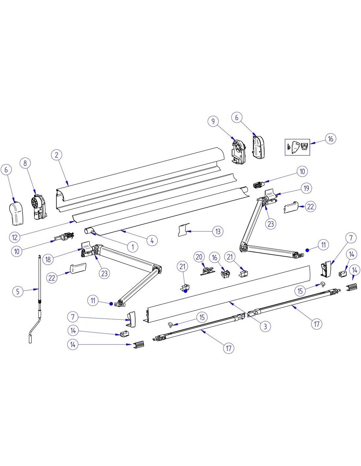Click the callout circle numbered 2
coord(57,155)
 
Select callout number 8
coord(25,163)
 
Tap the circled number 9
coord(213,122)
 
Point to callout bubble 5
coord(18,291)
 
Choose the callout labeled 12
coord(15,237)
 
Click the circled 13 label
coord(218,231)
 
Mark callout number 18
coord(48,260)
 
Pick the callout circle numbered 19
coord(306,188)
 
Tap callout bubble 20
coord(199,257)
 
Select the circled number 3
coord(265,326)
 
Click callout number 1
coord(133,247)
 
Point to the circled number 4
coord(152,241)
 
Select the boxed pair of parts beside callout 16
coord(297,147)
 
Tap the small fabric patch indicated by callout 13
coord(184,230)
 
